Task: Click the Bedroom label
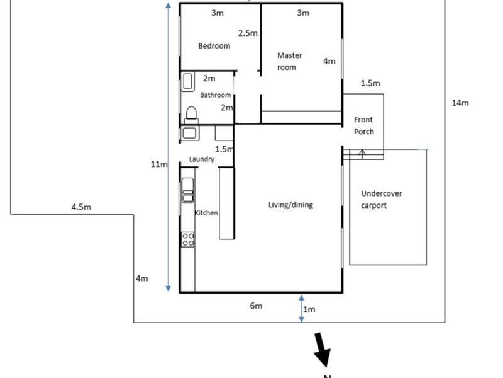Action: [214, 46]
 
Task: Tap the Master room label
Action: [290, 61]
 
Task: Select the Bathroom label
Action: [216, 95]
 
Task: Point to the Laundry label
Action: [202, 160]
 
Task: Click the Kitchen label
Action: [206, 213]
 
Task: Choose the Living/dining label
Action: [290, 205]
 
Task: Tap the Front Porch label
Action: [363, 125]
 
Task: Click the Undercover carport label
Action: [382, 200]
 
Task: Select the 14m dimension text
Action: [460, 103]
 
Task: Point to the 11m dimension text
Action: [158, 164]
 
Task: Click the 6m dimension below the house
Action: [256, 306]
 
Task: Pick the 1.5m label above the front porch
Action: [370, 83]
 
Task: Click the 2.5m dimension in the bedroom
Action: [248, 33]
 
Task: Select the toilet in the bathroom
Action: [191, 115]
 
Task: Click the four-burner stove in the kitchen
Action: [188, 239]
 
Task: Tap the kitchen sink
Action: [187, 191]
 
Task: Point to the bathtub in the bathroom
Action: [188, 83]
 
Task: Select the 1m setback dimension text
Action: [309, 309]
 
